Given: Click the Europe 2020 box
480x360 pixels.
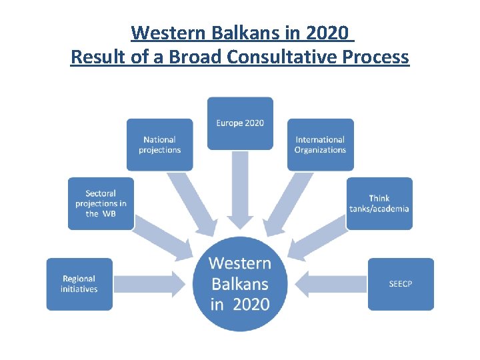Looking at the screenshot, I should tap(240, 123).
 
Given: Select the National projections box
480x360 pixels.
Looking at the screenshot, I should tap(160, 145).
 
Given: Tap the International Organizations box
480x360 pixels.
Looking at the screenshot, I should tap(320, 145).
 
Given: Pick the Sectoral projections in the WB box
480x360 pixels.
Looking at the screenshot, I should tap(101, 203).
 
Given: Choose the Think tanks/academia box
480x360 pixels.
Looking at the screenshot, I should tap(379, 203).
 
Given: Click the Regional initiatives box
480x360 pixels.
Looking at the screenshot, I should tap(79, 284).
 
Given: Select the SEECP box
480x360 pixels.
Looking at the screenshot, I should tap(401, 284).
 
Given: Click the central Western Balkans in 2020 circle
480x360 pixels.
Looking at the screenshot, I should tap(240, 284).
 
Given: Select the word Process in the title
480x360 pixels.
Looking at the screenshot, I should tap(375, 57).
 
